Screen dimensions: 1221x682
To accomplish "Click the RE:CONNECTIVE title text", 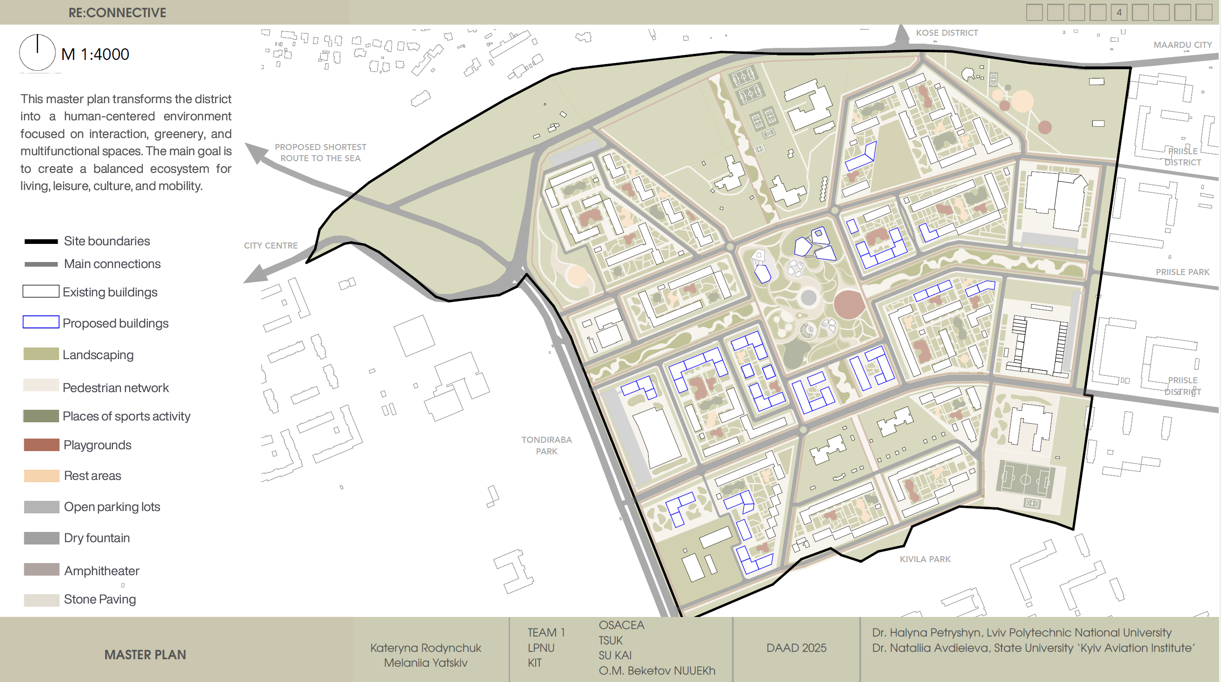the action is pyautogui.click(x=117, y=13).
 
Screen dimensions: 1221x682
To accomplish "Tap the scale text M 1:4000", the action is pyautogui.click(x=95, y=54).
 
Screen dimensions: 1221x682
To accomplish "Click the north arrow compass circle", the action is pyautogui.click(x=37, y=52).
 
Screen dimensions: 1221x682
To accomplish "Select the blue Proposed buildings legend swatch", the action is pyautogui.click(x=41, y=322).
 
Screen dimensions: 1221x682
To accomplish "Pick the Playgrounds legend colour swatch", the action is pyautogui.click(x=41, y=445).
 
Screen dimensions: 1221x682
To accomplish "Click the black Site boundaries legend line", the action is pyautogui.click(x=41, y=242).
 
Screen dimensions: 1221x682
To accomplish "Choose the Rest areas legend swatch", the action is pyautogui.click(x=41, y=476).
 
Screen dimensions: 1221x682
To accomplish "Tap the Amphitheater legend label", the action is pyautogui.click(x=102, y=571).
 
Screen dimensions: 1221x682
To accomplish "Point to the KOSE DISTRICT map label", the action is pyautogui.click(x=947, y=33).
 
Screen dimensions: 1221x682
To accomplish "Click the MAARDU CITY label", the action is pyautogui.click(x=1182, y=45).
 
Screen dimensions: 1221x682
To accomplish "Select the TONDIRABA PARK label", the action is pyautogui.click(x=546, y=446).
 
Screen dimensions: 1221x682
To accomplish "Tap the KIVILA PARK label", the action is pyautogui.click(x=925, y=559).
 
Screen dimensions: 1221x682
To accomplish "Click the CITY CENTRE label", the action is pyautogui.click(x=271, y=246).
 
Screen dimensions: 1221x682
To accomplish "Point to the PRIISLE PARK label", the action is pyautogui.click(x=1182, y=272).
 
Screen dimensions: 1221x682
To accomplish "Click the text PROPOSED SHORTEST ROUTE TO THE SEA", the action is pyautogui.click(x=320, y=153).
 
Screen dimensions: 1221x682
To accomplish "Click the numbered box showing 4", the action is pyautogui.click(x=1119, y=13).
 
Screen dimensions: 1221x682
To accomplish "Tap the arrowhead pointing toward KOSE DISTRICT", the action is pyautogui.click(x=902, y=33).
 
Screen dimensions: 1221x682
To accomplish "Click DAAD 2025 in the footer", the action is pyautogui.click(x=796, y=648).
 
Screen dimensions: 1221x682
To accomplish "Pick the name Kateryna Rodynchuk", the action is pyautogui.click(x=425, y=648).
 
